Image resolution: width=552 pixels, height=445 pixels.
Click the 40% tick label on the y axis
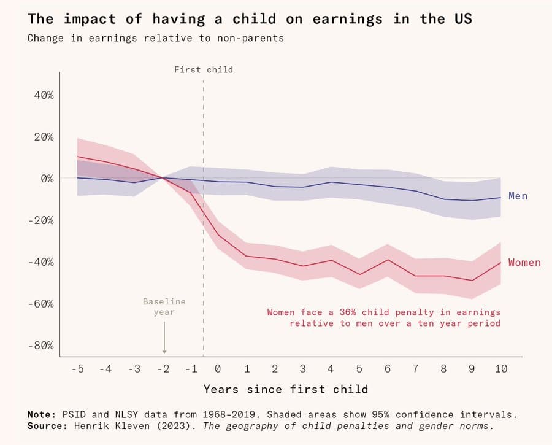pyautogui.click(x=43, y=95)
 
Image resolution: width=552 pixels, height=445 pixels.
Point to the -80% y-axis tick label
pyautogui.click(x=41, y=345)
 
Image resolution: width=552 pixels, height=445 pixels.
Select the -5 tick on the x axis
pyautogui.click(x=77, y=369)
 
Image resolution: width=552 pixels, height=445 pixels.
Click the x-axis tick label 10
pyautogui.click(x=501, y=369)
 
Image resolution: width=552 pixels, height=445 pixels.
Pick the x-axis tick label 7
pyautogui.click(x=416, y=369)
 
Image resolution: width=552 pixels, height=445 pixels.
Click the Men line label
pyautogui.click(x=518, y=196)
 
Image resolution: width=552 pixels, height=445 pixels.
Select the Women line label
pyautogui.click(x=524, y=263)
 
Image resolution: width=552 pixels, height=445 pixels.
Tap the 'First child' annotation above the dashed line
pyautogui.click(x=204, y=70)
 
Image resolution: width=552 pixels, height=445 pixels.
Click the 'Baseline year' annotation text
pyautogui.click(x=164, y=307)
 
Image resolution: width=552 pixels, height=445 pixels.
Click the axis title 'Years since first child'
pyautogui.click(x=286, y=389)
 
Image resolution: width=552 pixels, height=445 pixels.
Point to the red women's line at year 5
pyautogui.click(x=359, y=274)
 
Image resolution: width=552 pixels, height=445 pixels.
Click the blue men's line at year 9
pyautogui.click(x=472, y=201)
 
